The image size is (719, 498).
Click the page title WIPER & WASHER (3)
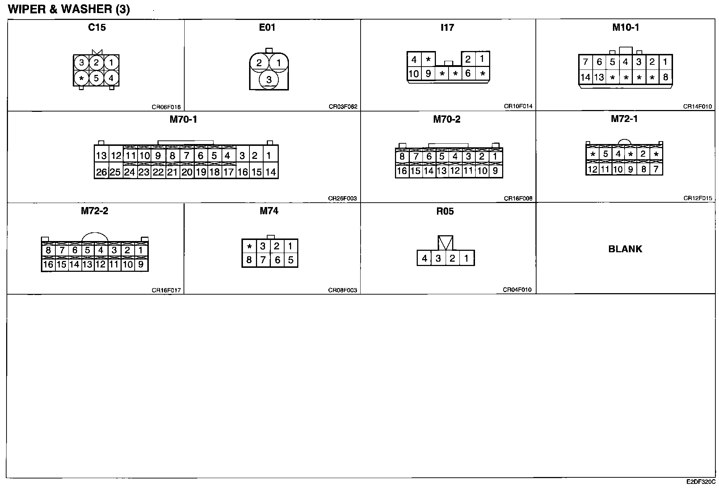[69, 9]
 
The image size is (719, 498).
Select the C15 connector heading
[97, 28]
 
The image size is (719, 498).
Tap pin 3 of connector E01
[269, 80]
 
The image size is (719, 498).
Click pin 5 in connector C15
[96, 78]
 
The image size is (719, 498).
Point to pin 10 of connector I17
[413, 74]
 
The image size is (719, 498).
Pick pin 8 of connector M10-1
[665, 77]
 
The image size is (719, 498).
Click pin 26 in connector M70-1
[101, 172]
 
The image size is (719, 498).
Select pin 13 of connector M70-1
[101, 156]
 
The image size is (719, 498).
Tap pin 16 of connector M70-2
[402, 171]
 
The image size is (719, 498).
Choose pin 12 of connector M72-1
[592, 169]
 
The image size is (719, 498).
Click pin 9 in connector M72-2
[141, 264]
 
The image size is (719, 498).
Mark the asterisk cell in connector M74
[249, 247]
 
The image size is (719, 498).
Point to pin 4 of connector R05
[424, 258]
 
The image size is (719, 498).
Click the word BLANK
[625, 249]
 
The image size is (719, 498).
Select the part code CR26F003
[342, 198]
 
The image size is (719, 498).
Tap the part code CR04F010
[517, 290]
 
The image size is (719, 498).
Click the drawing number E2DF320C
[701, 482]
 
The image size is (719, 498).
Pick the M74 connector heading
[269, 211]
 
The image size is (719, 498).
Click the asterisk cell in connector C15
[81, 78]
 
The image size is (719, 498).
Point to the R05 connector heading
[445, 211]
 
